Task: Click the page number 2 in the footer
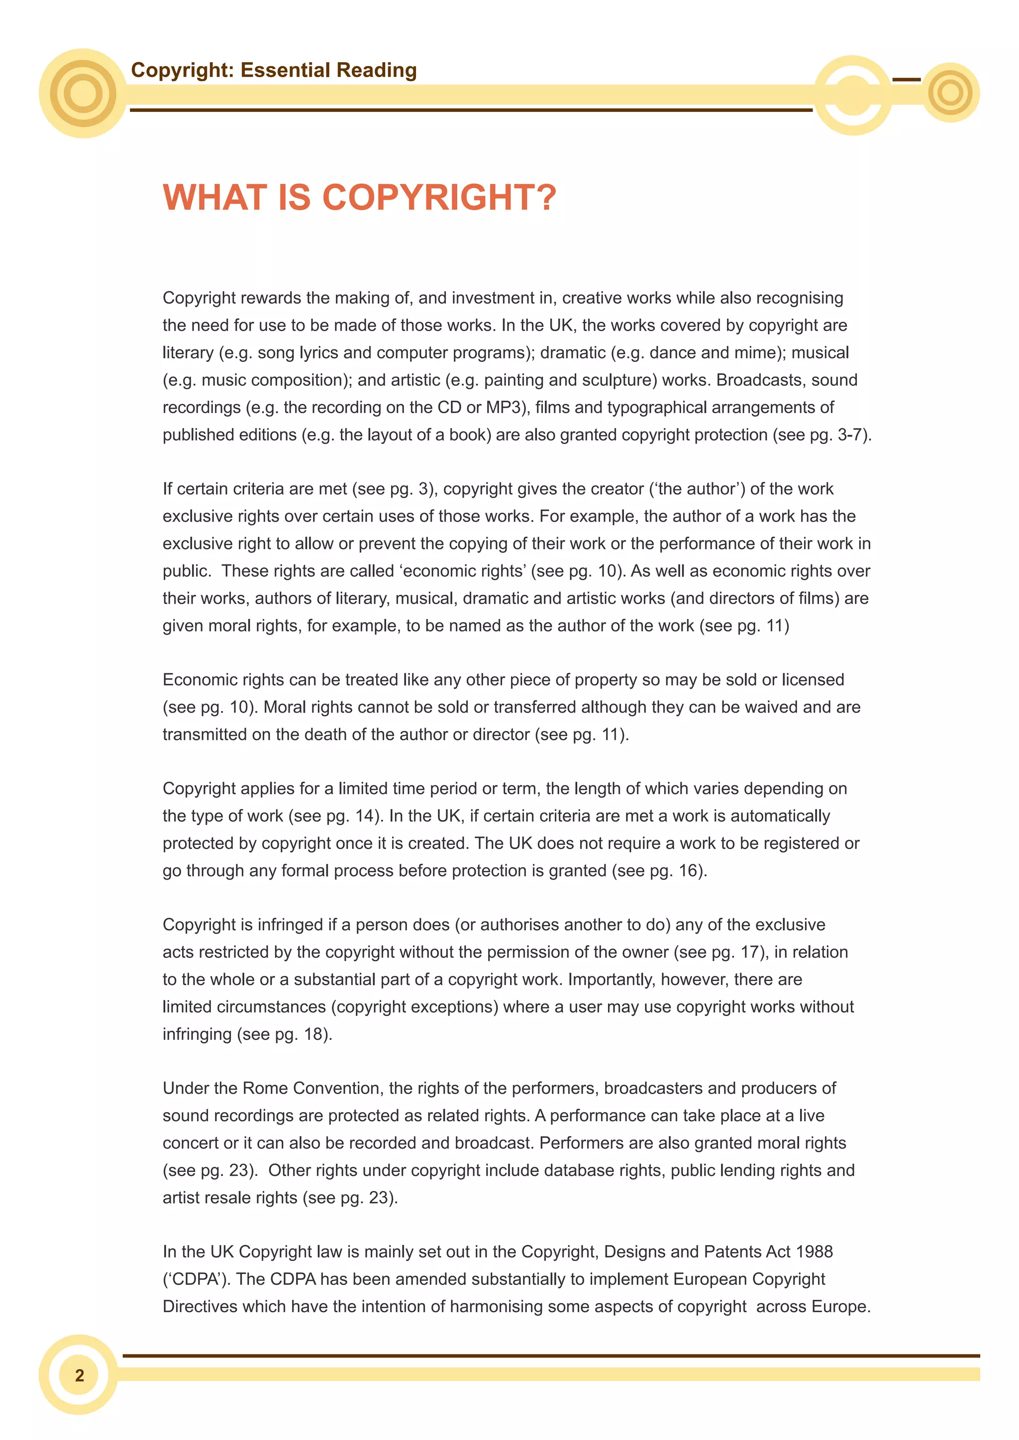click(79, 1375)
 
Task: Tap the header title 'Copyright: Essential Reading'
click(274, 70)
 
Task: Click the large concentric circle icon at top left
click(83, 93)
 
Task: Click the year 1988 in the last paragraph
click(813, 1252)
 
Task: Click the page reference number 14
click(364, 816)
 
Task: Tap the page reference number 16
click(688, 871)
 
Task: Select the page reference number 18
click(313, 1034)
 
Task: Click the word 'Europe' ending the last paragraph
click(838, 1307)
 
